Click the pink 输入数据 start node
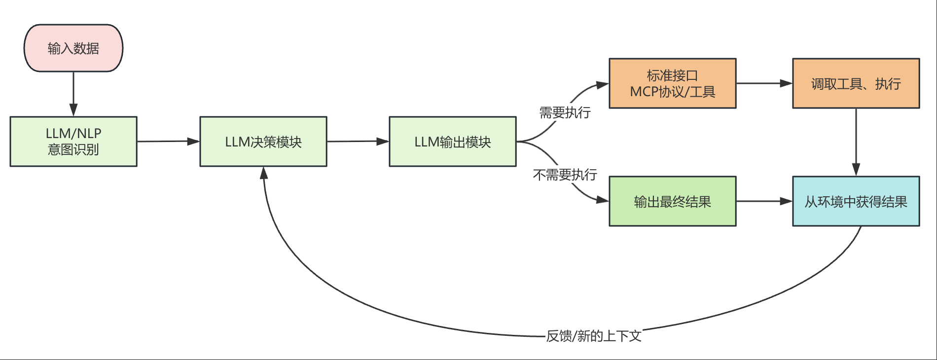point(73,48)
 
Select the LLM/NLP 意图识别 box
point(73,142)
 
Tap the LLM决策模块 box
point(263,142)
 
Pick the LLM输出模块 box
point(452,142)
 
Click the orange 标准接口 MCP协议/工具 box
point(672,83)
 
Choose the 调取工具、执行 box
point(856,83)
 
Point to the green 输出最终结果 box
point(672,201)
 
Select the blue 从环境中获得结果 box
point(856,201)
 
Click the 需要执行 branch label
point(565,113)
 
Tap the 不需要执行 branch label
point(565,175)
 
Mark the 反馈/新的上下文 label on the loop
point(594,336)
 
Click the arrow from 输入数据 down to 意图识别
point(73,94)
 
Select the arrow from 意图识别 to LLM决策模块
point(168,142)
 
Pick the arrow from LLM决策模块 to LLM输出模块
point(358,142)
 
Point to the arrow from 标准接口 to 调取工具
point(764,83)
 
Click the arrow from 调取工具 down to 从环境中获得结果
point(856,142)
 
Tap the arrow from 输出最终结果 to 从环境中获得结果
point(764,201)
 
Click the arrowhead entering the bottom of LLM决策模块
point(264,173)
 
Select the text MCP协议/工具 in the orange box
point(672,92)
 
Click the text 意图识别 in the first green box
point(73,149)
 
